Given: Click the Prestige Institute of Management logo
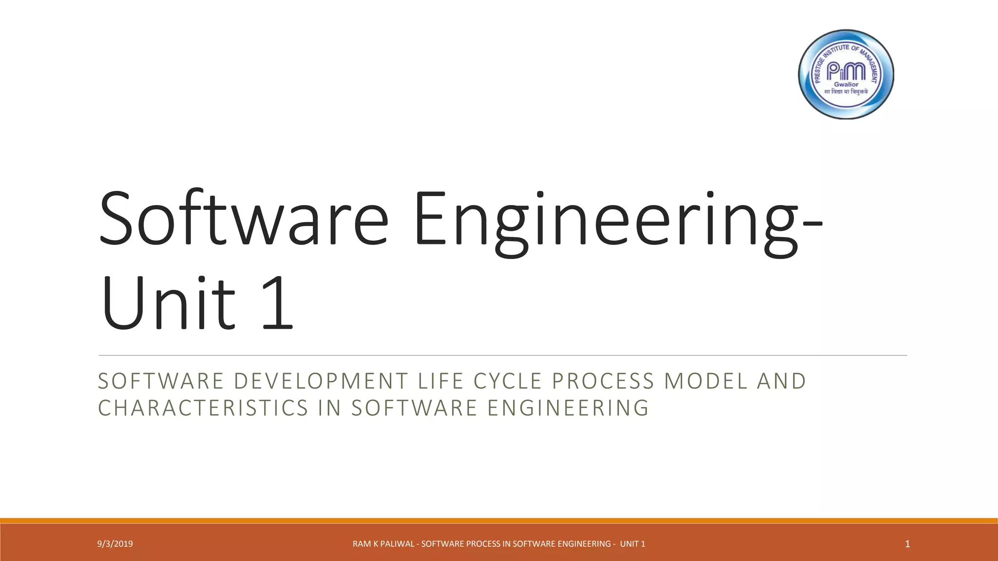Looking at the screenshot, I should tap(846, 74).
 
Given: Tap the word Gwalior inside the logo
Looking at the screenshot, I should tap(846, 84).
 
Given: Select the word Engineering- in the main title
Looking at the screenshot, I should tap(618, 222).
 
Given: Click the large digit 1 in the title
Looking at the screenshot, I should tap(277, 303).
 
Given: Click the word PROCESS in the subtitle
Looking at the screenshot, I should tap(603, 381).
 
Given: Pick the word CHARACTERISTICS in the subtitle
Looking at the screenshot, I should tap(203, 408).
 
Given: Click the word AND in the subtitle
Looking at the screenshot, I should tap(782, 381).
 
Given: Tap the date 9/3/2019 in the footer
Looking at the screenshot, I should tap(115, 544).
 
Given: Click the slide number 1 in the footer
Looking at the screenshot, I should tap(907, 544).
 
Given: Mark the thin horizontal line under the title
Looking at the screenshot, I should tap(502, 355).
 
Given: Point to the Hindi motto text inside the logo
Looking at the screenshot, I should tap(846, 92).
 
